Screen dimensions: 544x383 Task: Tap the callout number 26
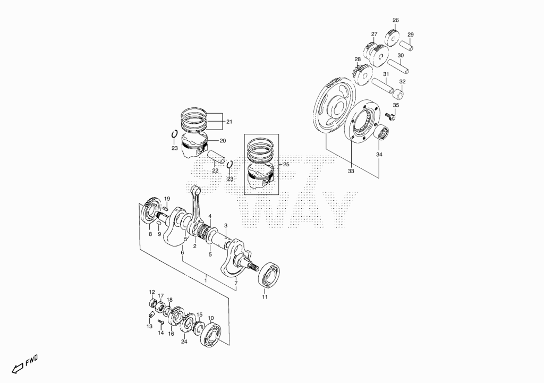[x=395, y=20]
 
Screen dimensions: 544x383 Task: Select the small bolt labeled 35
[x=390, y=117]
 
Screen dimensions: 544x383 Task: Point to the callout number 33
[x=351, y=171]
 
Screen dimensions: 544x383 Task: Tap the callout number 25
[x=286, y=165]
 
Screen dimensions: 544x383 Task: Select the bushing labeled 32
[x=398, y=95]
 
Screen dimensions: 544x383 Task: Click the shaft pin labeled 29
[x=406, y=46]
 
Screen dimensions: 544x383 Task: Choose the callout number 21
[x=229, y=122]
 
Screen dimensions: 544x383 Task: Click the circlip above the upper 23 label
[x=174, y=134]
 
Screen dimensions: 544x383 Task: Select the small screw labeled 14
[x=160, y=322]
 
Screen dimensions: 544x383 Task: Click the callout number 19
[x=167, y=199]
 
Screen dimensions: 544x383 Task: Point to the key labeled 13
[x=150, y=314]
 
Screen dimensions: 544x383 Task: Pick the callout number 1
[x=206, y=280]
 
